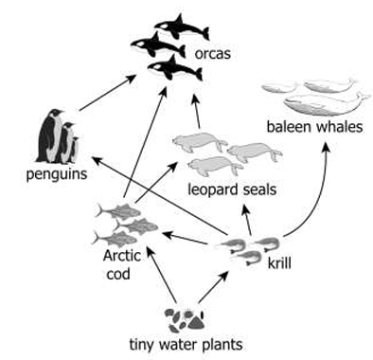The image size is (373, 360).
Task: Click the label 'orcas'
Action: click(x=212, y=54)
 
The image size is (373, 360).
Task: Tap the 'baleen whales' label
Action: click(x=314, y=127)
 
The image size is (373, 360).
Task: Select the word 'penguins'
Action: click(x=57, y=174)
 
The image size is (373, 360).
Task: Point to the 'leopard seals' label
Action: click(x=232, y=189)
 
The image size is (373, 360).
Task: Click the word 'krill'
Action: click(x=279, y=262)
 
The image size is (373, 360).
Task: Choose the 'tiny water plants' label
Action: click(x=186, y=345)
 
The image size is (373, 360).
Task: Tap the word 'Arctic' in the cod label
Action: click(x=122, y=256)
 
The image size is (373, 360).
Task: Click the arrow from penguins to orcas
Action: click(x=108, y=93)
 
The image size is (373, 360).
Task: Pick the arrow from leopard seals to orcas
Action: click(x=197, y=111)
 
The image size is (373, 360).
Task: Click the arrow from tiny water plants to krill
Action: click(x=213, y=287)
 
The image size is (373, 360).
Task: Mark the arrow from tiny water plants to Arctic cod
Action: click(x=162, y=275)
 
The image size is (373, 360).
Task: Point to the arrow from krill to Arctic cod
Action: click(x=185, y=239)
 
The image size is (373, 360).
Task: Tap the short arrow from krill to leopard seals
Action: click(x=247, y=220)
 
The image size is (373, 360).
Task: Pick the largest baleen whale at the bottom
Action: click(x=325, y=103)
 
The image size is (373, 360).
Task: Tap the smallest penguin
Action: click(x=74, y=150)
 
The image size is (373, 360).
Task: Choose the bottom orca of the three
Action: click(x=175, y=68)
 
